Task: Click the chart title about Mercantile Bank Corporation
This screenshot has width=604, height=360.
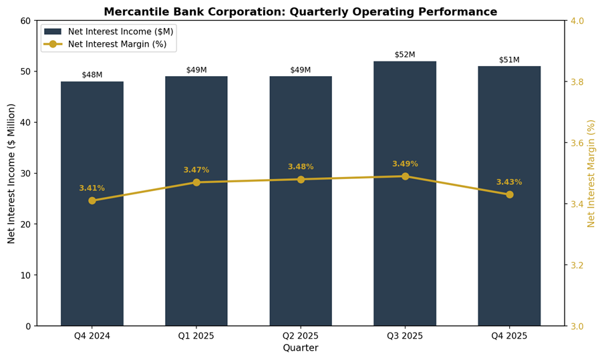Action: [301, 12]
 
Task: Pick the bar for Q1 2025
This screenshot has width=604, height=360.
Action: [196, 201]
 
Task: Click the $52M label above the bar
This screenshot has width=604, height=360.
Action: [405, 55]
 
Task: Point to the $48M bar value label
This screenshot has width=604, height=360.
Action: [92, 75]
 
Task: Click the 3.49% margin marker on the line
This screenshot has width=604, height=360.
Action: [405, 176]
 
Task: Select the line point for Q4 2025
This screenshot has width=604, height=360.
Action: [509, 194]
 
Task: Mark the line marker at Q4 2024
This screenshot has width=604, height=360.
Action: [92, 200]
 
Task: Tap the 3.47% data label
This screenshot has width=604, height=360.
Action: [196, 170]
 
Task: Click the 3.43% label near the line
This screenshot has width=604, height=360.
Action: [509, 182]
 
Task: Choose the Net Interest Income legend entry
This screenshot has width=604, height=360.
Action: [106, 31]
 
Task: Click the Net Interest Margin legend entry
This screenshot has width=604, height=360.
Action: [106, 44]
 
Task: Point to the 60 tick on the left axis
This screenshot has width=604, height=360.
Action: [25, 21]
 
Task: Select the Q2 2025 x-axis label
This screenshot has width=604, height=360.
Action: [301, 336]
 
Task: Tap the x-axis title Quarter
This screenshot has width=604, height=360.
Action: [301, 348]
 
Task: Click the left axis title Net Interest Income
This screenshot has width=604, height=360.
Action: [11, 174]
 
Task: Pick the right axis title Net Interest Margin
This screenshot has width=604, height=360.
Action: [591, 174]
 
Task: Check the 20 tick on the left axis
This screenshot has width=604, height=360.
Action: [25, 224]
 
